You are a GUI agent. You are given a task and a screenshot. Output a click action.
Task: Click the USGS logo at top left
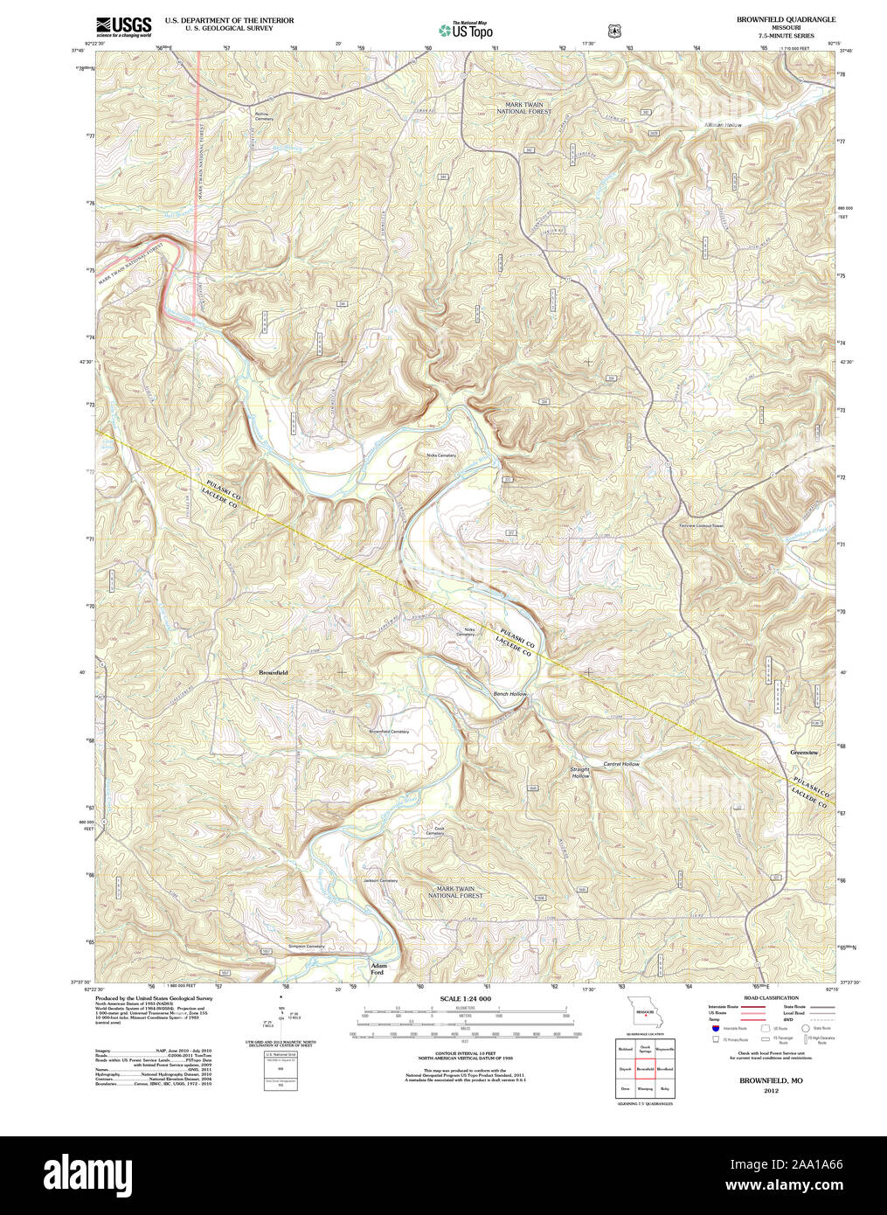(123, 25)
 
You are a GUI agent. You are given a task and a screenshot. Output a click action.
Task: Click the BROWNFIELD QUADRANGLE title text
(786, 19)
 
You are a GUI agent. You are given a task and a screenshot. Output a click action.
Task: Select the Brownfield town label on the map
(273, 672)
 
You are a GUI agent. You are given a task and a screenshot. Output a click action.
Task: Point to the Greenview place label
(803, 752)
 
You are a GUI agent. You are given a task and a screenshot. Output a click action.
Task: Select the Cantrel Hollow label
(620, 764)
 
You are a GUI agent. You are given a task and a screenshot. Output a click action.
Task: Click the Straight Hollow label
(580, 773)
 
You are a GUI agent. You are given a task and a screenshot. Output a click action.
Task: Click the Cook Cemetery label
(434, 831)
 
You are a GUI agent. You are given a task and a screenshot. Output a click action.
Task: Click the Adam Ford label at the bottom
(378, 969)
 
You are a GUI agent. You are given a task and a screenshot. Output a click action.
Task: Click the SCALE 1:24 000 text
(466, 998)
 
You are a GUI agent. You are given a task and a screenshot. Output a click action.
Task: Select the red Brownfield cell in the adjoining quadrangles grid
(645, 1069)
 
